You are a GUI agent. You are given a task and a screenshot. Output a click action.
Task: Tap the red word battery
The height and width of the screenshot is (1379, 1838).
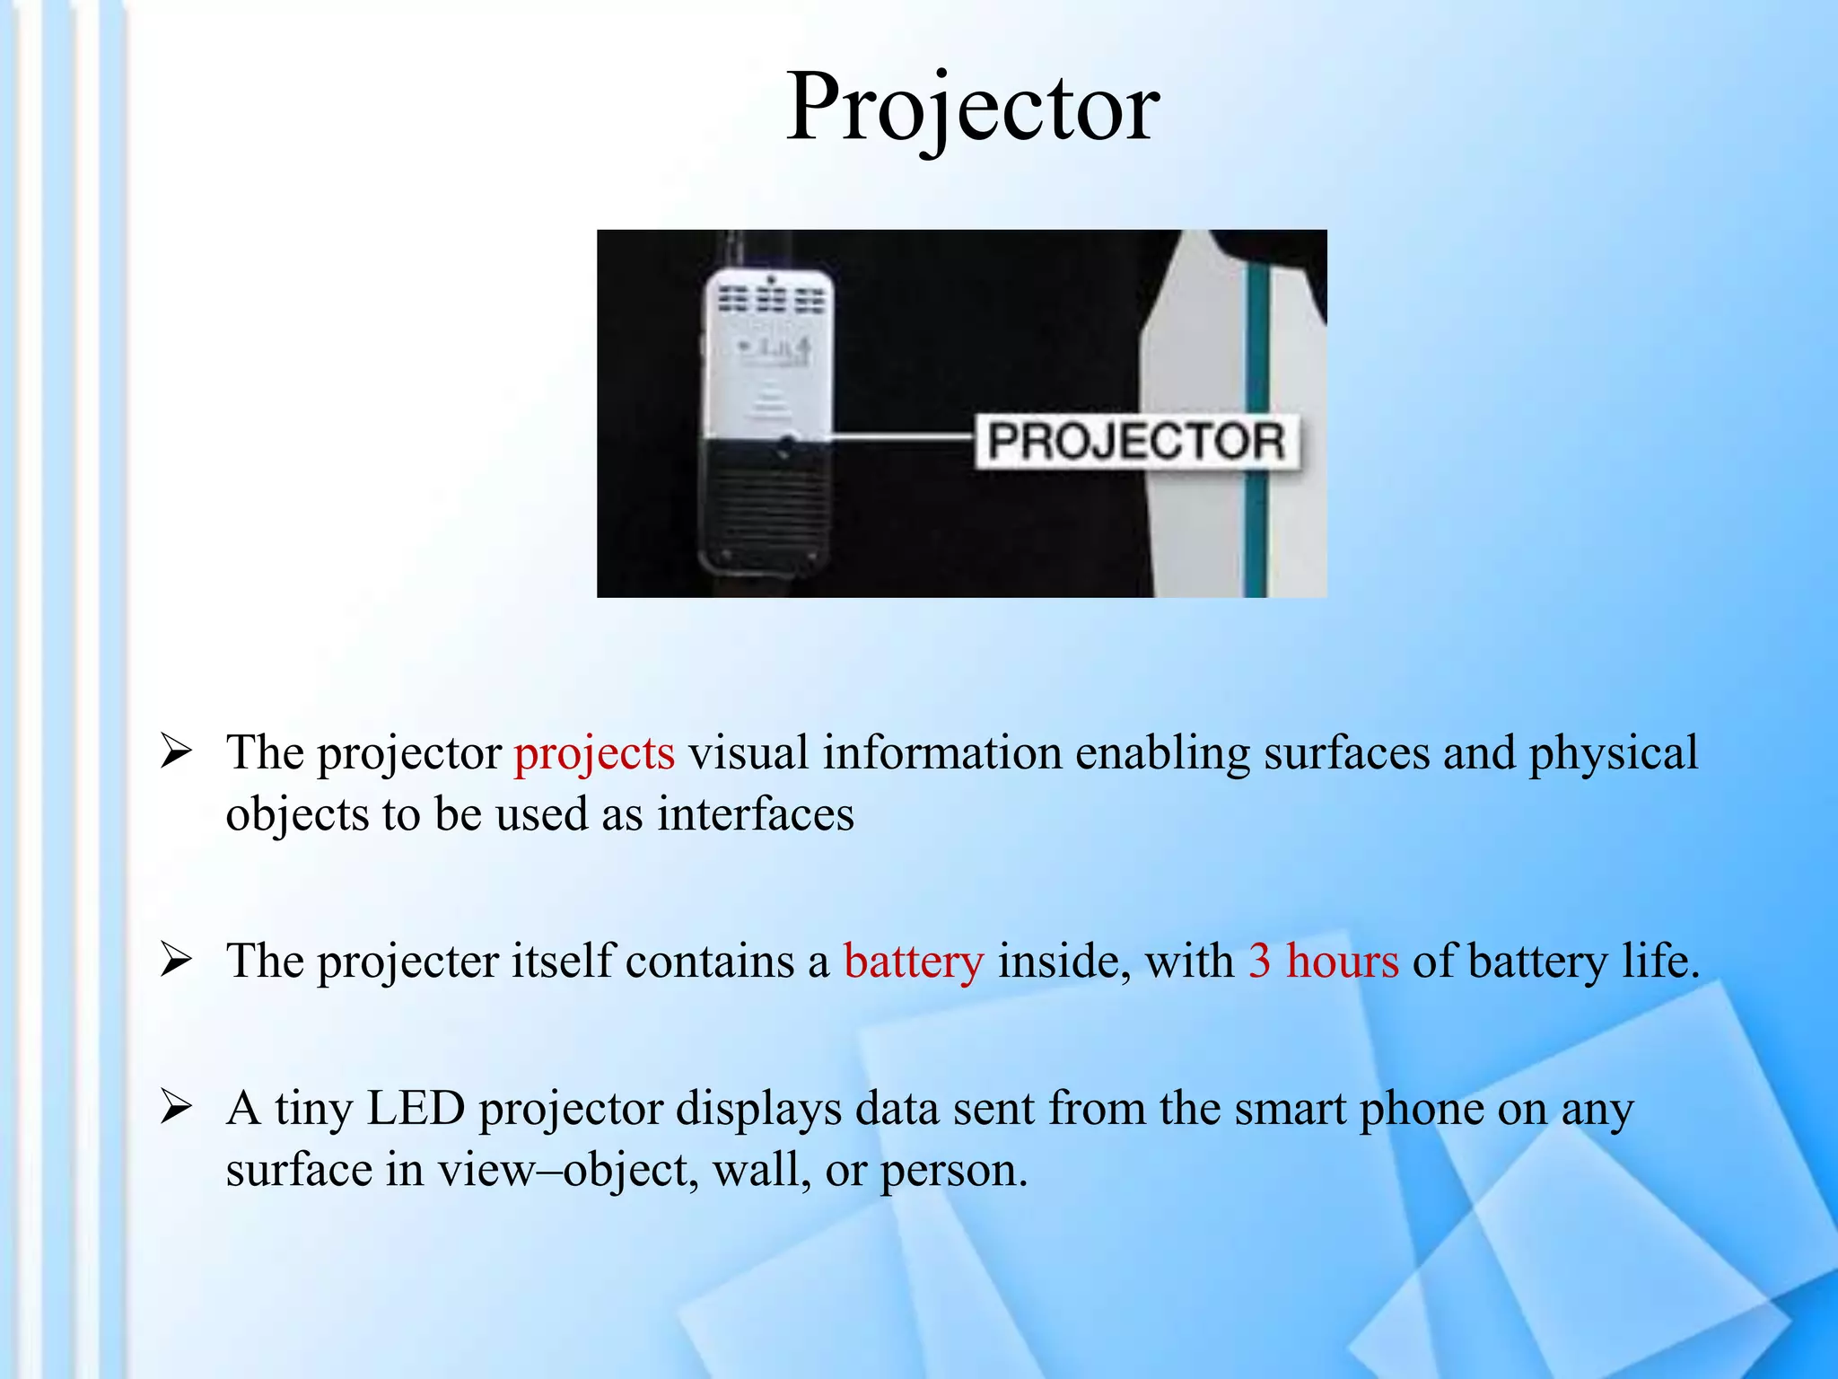click(x=913, y=962)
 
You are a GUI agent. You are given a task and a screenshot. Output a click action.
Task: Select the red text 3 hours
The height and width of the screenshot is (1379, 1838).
click(x=1323, y=962)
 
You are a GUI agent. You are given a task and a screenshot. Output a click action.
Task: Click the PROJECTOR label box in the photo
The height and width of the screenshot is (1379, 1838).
click(x=1136, y=441)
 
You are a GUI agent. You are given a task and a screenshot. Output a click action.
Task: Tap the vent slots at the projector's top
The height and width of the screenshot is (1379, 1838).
click(x=770, y=299)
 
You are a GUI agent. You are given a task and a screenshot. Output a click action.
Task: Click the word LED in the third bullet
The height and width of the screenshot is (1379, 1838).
click(x=416, y=1109)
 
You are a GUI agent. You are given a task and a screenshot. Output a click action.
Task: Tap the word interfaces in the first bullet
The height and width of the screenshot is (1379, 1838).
click(x=755, y=815)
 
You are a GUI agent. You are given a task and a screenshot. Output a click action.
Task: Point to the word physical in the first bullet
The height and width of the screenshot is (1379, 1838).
click(x=1613, y=754)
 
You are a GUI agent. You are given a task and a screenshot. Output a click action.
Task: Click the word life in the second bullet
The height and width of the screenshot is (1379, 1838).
click(x=1659, y=962)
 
